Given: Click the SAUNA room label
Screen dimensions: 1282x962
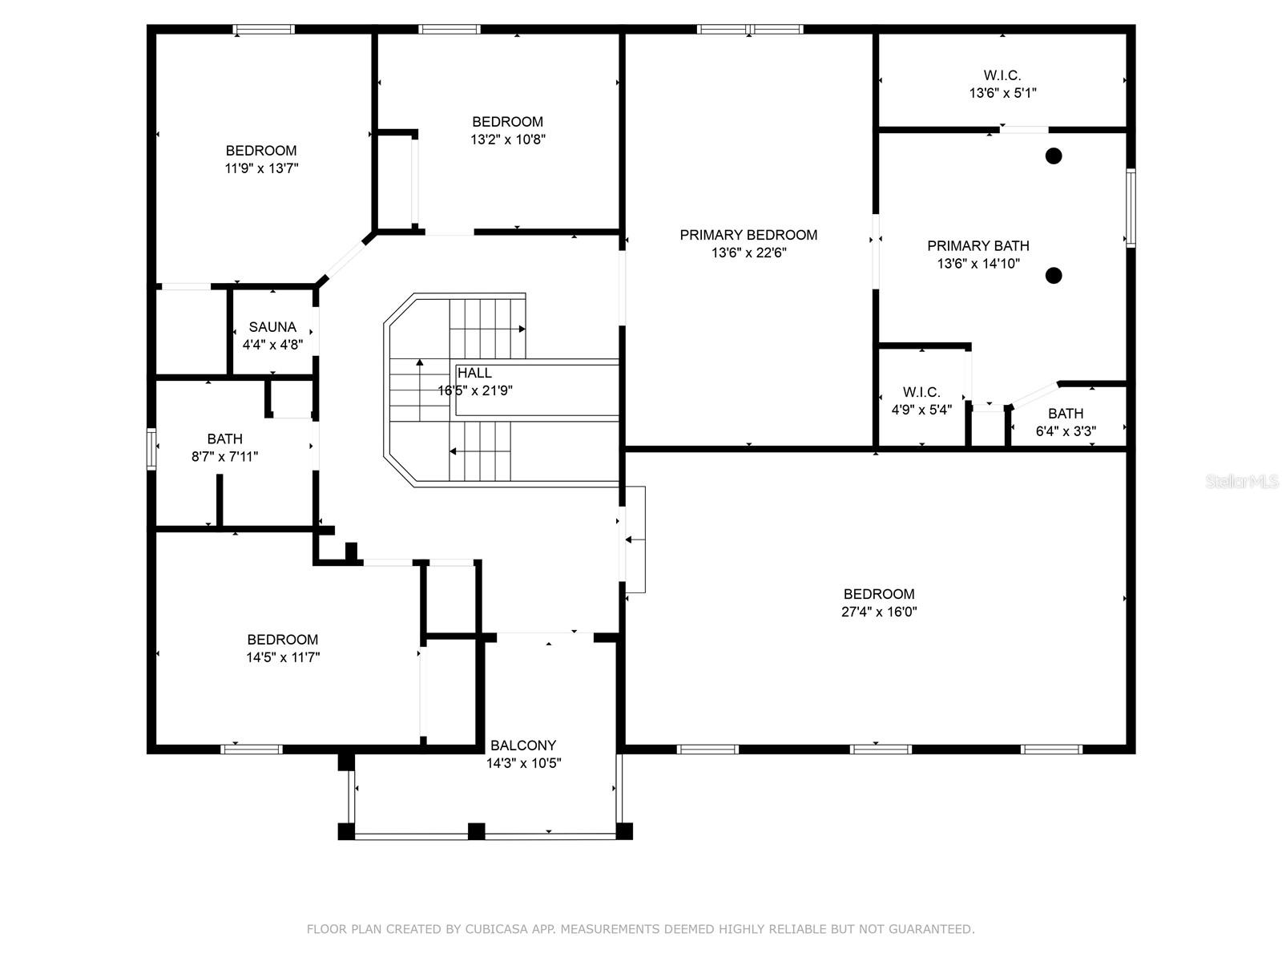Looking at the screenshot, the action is coord(272,327).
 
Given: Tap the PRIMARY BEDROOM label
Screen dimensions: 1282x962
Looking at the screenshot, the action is coord(748,235).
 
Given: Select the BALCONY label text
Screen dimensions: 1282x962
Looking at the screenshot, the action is coord(522,746).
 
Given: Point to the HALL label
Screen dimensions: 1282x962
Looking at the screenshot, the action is coord(474,373).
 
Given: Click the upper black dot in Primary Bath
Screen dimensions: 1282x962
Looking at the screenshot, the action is coord(1053,156).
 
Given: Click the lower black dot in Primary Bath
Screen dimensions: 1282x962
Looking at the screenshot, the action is coord(1053,275).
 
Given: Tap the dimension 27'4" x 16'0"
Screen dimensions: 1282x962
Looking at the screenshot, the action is coord(879,612).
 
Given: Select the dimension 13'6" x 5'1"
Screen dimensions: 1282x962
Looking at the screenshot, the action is coord(1003,92).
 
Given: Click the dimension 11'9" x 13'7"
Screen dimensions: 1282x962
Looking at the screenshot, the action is coord(262,168).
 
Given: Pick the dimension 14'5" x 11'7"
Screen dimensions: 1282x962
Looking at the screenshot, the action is coord(283,657).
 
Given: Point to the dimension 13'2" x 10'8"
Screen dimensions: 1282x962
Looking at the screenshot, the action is coord(507,139).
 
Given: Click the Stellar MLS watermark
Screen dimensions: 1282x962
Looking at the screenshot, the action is coord(1242,481).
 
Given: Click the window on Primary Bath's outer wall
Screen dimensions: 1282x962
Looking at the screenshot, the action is coord(1131,208).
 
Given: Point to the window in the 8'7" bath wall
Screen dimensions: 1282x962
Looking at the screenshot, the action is coord(151,449).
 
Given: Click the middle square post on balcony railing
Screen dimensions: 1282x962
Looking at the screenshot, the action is coord(477,831).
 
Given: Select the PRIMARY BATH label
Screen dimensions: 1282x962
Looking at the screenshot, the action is coord(978,246).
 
